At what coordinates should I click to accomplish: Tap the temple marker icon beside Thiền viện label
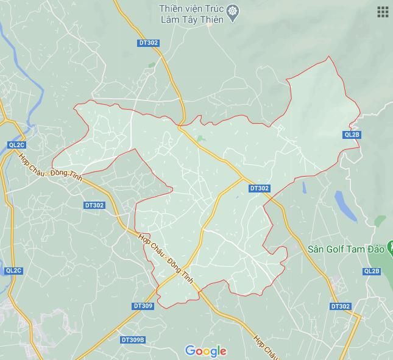[x=233, y=12]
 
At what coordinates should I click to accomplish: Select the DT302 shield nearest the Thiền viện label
[x=148, y=43]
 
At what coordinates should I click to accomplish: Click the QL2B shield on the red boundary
[x=352, y=135]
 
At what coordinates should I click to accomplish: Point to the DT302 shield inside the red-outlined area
[x=259, y=189]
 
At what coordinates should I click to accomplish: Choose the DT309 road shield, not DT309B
[x=143, y=306]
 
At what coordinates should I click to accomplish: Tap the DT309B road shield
[x=132, y=340]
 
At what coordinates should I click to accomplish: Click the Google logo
[x=206, y=351]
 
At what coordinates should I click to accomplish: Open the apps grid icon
[x=383, y=12]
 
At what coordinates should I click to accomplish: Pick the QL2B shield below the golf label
[x=371, y=271]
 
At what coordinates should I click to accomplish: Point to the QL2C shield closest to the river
[x=16, y=144]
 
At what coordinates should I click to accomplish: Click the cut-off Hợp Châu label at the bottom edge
[x=267, y=347]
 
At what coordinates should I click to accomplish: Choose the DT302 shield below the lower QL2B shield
[x=341, y=306]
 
